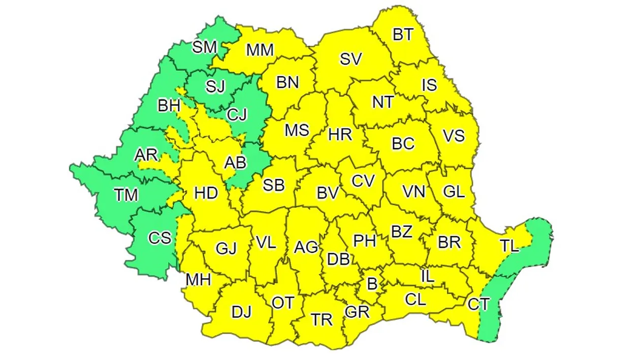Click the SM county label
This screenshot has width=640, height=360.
coord(205,48)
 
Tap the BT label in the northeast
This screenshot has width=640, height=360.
coord(403,35)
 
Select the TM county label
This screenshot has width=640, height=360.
coord(126,194)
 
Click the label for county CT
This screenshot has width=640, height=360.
coord(478,305)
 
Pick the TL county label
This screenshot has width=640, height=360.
coord(509,247)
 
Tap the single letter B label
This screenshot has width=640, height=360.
coord(372,284)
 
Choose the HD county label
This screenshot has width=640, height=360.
coord(206,193)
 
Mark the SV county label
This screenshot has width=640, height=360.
coord(350,59)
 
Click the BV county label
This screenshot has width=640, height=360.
coord(328,193)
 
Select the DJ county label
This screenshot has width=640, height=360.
coord(242,312)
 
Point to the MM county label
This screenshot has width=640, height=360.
coord(260,50)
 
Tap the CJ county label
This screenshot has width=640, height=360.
coord(237,115)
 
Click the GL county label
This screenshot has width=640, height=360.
coord(454,191)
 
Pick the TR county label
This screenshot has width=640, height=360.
coord(322,319)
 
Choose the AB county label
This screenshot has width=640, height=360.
coord(235,162)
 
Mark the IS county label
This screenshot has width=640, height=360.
coord(429,85)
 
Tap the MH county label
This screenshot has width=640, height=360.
coord(198,280)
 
